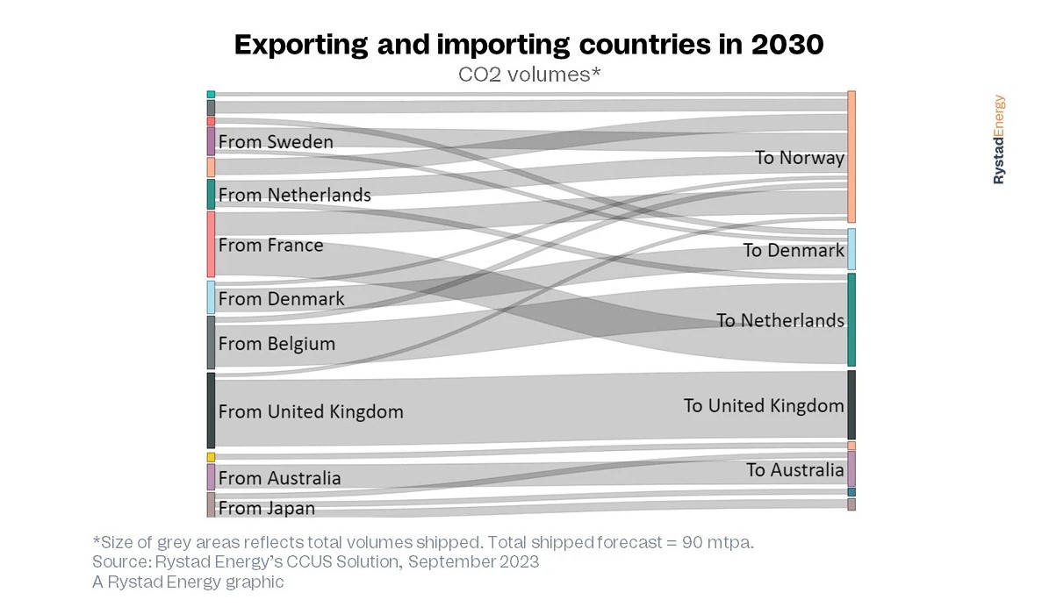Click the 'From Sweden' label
(x=276, y=141)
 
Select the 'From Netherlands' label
(x=294, y=195)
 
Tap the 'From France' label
(x=270, y=245)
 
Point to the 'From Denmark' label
(x=281, y=298)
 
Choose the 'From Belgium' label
(x=277, y=343)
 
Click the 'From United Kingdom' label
(x=311, y=411)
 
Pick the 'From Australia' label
(x=279, y=478)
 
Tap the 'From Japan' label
(x=266, y=508)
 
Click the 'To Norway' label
(x=799, y=158)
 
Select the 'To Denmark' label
(x=793, y=250)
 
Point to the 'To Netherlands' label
(x=780, y=320)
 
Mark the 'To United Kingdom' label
(x=763, y=405)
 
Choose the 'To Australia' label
(x=794, y=470)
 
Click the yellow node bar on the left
(x=211, y=457)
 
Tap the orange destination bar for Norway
(x=851, y=156)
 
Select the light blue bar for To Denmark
(x=851, y=249)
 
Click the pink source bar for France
(x=211, y=244)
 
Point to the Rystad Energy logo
(x=999, y=139)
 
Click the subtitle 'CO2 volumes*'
(x=529, y=75)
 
